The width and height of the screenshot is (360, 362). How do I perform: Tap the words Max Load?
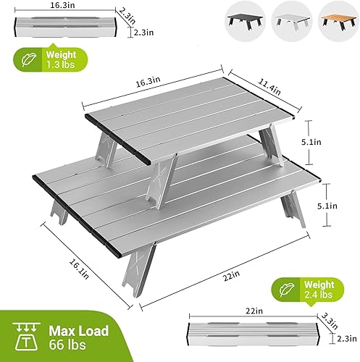pyautogui.click(x=79, y=331)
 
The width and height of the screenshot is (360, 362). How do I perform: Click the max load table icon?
pyautogui.click(x=25, y=337)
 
